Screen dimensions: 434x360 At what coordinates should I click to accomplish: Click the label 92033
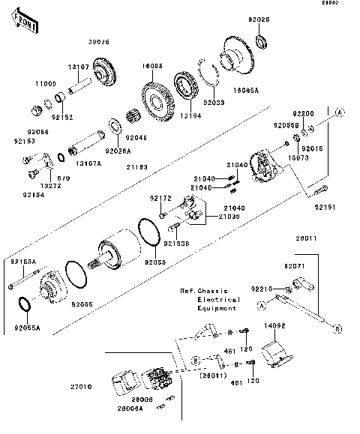(213, 102)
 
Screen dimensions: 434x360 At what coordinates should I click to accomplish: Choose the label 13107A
(88, 163)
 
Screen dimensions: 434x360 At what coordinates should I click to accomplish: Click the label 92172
(160, 199)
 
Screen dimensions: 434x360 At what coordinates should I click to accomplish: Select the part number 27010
(81, 388)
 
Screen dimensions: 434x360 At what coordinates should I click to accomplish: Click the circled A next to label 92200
(339, 113)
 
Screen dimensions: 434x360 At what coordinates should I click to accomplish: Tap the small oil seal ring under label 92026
(262, 40)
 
